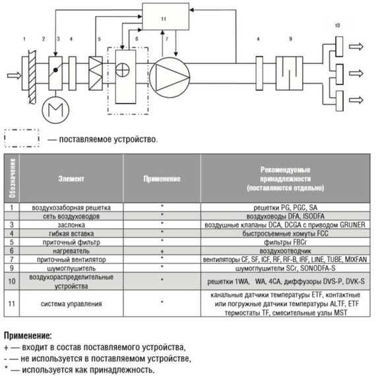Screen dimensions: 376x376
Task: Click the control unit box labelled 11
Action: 166,16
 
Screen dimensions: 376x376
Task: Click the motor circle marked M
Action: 55,110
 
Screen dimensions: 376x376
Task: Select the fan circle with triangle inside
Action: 170,77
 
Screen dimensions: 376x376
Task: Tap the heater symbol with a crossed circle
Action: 123,70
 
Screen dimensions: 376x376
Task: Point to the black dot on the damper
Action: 55,70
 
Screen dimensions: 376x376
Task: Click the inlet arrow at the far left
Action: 14,76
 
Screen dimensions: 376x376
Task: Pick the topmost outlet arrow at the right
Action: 356,46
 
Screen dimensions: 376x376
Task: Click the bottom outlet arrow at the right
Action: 356,100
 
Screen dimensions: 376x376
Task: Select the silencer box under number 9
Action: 289,73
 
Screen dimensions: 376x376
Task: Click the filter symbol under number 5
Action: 96,73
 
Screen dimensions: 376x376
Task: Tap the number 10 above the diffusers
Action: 337,25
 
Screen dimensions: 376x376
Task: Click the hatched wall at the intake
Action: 32,77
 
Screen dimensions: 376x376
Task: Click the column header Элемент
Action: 71,179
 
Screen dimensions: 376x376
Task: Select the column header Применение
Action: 162,179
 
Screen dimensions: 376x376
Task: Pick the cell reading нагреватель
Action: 71,251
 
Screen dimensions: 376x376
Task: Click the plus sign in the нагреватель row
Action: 162,251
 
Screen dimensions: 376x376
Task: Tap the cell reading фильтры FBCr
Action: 286,242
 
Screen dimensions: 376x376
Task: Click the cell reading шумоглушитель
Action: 71,268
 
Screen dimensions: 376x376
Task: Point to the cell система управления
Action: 71,304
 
